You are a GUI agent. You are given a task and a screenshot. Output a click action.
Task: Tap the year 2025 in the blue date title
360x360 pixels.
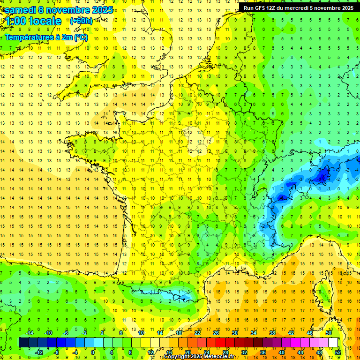point(101,10)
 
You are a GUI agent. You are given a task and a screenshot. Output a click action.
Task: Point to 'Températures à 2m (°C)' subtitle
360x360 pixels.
point(46,37)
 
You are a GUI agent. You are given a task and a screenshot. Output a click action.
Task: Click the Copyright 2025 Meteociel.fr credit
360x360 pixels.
point(198,357)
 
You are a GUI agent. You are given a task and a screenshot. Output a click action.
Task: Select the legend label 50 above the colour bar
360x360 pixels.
point(328,332)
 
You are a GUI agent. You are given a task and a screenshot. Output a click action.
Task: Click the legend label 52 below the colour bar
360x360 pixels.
point(337,352)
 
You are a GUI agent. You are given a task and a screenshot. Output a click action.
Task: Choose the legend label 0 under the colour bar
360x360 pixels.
point(93,352)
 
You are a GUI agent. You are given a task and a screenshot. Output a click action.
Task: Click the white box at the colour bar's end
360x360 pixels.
point(333,343)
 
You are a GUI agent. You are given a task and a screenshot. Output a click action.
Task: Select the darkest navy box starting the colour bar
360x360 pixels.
point(23,343)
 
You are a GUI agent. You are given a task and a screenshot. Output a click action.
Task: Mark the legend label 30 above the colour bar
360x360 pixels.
point(234,332)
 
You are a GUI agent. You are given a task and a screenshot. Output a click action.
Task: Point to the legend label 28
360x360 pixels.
point(225,352)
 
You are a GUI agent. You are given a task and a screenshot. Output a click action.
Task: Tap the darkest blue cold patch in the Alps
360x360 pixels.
point(322,177)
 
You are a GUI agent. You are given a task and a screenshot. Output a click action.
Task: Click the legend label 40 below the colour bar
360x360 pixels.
point(281,352)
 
